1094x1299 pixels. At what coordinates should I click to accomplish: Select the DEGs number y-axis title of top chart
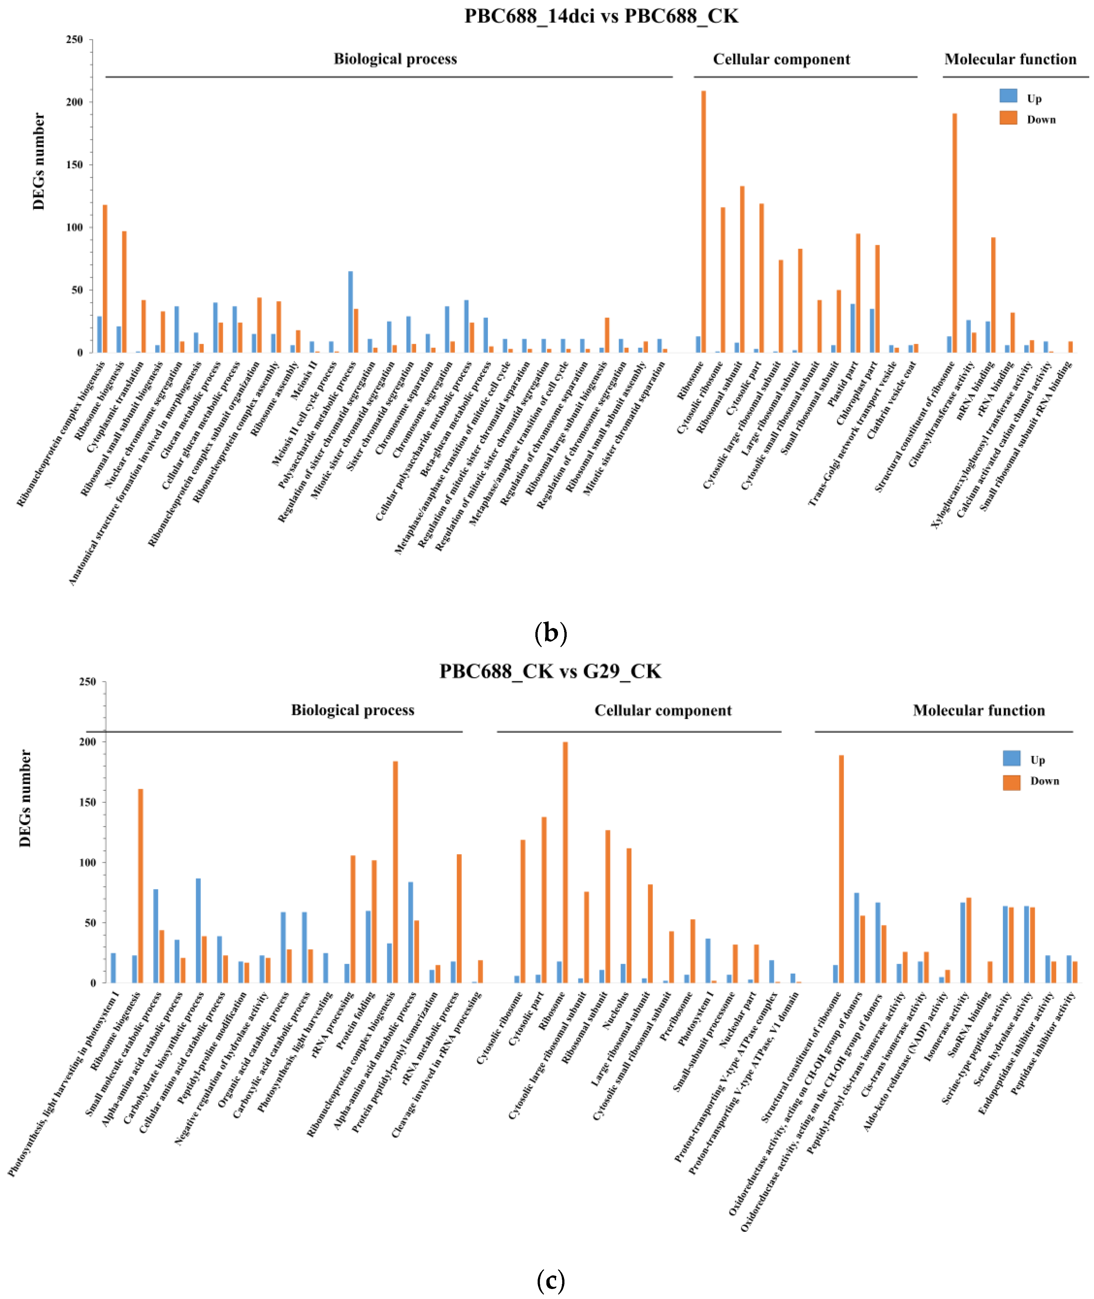click(x=38, y=161)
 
